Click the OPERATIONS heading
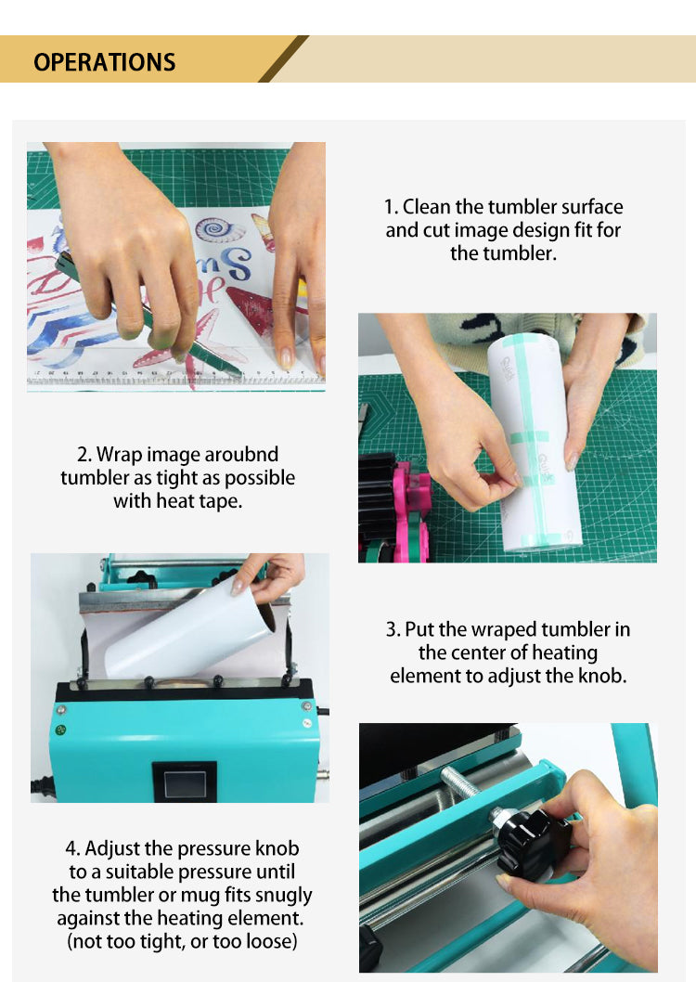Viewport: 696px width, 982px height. click(x=105, y=62)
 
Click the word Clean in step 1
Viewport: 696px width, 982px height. click(x=427, y=207)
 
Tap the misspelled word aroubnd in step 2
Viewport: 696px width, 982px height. click(x=241, y=454)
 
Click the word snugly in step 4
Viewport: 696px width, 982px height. click(x=283, y=896)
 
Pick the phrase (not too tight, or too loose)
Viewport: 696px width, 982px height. click(x=182, y=941)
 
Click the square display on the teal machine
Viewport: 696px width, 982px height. click(x=185, y=782)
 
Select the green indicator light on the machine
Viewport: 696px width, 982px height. click(x=60, y=730)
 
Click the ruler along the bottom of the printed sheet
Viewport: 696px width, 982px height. click(x=175, y=378)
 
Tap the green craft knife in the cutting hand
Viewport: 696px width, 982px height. click(x=150, y=317)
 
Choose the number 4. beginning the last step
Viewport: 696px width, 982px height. click(x=72, y=848)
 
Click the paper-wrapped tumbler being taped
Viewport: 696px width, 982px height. click(x=534, y=442)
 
